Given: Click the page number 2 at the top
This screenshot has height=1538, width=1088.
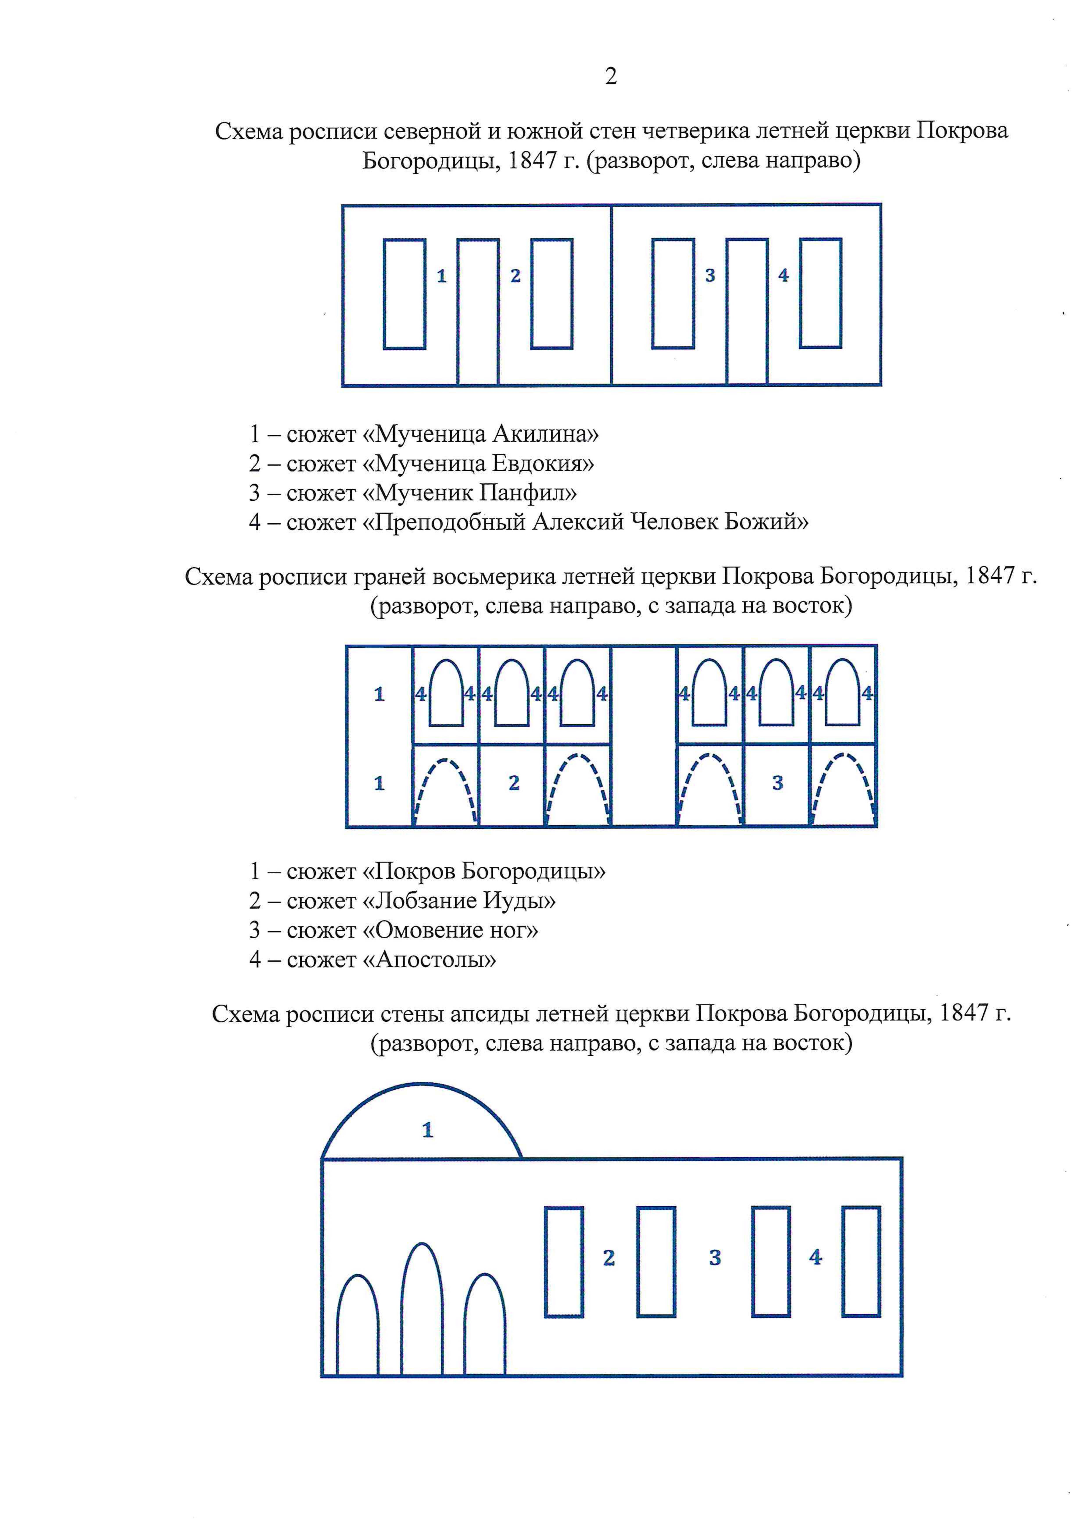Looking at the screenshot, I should pos(610,76).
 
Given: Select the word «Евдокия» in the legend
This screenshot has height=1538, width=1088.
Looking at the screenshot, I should pos(543,464).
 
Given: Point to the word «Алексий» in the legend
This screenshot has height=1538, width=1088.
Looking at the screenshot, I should pos(578,522).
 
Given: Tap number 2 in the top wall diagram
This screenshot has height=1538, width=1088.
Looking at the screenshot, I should pos(515,275).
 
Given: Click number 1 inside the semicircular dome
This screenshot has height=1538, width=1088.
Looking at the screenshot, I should pos(428,1131).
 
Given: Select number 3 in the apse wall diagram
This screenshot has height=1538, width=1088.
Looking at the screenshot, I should pos(715,1258).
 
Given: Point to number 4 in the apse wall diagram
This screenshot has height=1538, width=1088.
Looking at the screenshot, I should pos(815,1257).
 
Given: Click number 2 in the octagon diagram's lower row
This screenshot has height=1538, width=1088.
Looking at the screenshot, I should pos(514,783).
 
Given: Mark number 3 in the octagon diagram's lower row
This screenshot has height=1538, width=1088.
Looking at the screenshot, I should pos(777,783).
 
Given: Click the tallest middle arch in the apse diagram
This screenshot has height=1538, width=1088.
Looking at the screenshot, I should pos(422,1313).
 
